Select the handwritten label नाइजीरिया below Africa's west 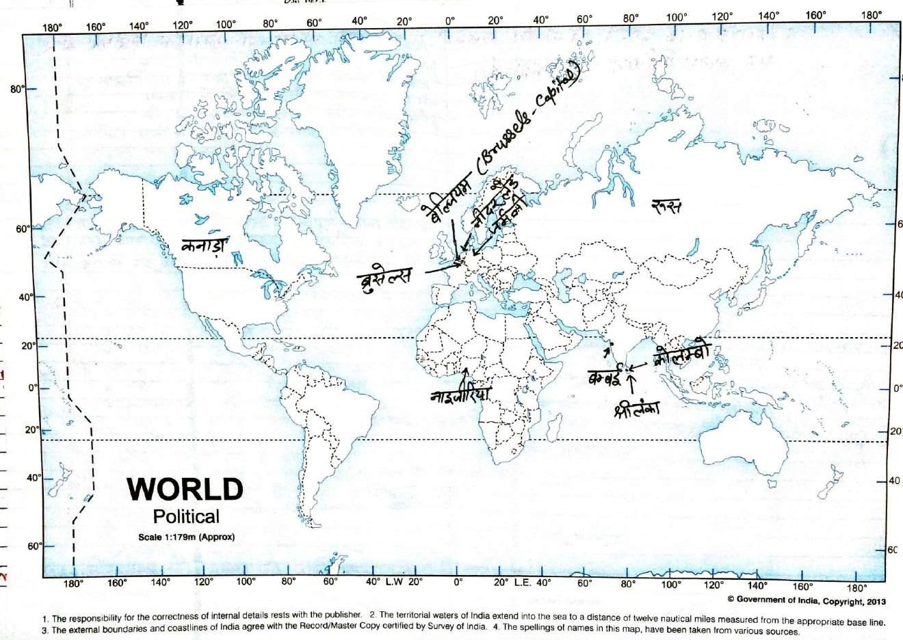tap(461, 396)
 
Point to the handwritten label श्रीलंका tap(636, 409)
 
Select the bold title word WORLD tap(185, 490)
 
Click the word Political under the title tap(186, 517)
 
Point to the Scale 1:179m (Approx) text tap(186, 537)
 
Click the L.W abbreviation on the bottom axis tap(394, 583)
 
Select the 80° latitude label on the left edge tap(16, 89)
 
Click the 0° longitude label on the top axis tap(449, 21)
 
